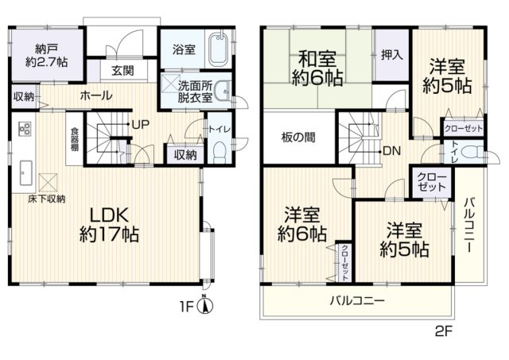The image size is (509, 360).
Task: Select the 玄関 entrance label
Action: coord(122,71)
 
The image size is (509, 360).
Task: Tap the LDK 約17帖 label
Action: coord(109,224)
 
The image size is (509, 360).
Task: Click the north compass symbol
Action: coord(205,304)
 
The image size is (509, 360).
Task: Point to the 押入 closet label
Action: coord(391,56)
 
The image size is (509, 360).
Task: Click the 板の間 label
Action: coord(297,137)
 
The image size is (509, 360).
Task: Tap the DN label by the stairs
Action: coord(391,150)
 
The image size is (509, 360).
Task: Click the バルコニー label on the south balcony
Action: coord(357,301)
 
